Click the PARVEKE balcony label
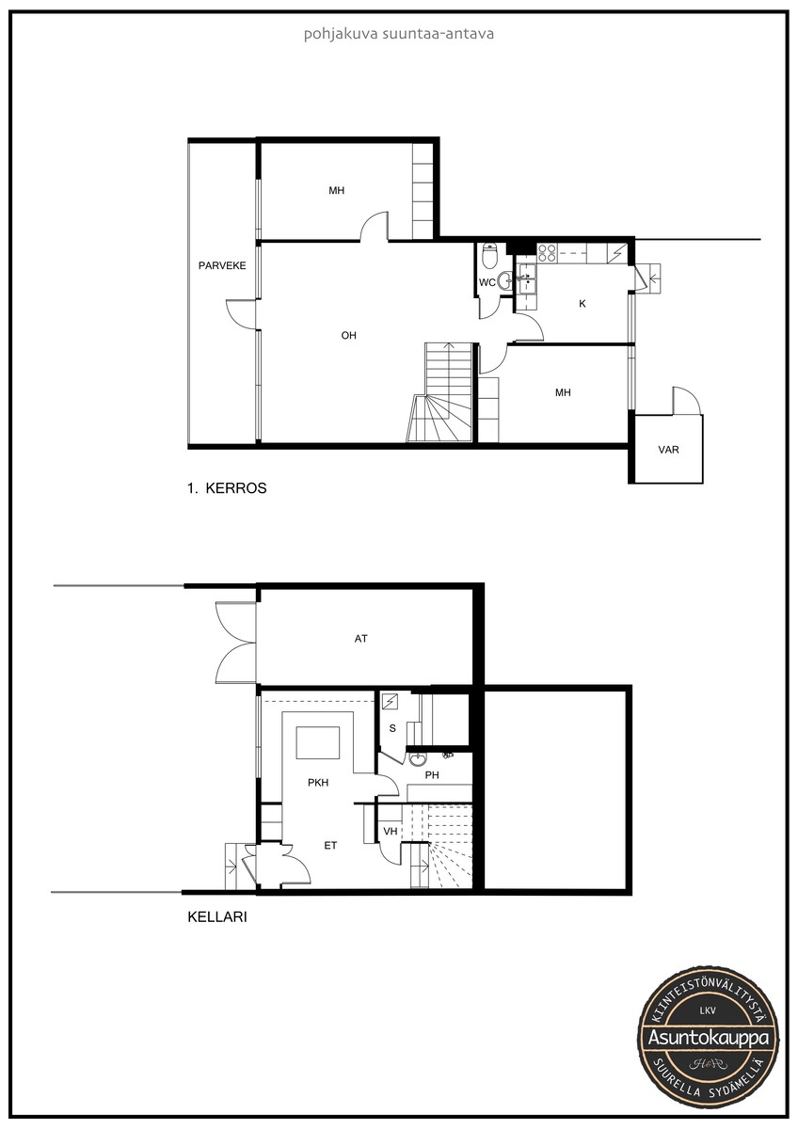click(x=222, y=265)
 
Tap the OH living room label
click(x=348, y=335)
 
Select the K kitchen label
click(x=583, y=304)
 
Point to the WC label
click(x=487, y=283)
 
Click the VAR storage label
click(x=668, y=450)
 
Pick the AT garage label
click(x=361, y=639)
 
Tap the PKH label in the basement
click(x=318, y=782)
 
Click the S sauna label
click(x=392, y=728)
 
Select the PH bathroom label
click(x=432, y=775)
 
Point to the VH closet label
click(x=391, y=831)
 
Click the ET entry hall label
click(x=330, y=846)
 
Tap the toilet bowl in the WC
click(x=490, y=256)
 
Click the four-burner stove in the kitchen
click(x=547, y=252)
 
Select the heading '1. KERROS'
click(x=227, y=488)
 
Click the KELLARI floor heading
click(x=217, y=916)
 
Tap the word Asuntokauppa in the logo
click(x=709, y=1039)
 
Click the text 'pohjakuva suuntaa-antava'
click(x=399, y=34)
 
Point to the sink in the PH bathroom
click(x=418, y=758)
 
